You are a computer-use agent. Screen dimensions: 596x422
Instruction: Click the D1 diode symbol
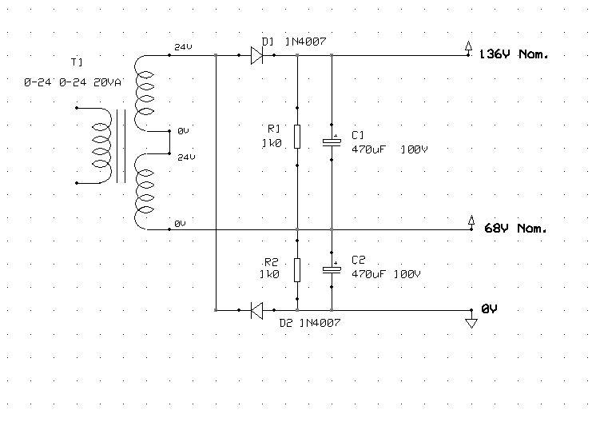click(256, 55)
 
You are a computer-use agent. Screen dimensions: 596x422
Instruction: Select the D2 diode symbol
click(256, 310)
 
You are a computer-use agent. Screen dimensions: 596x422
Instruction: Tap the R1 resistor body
click(297, 137)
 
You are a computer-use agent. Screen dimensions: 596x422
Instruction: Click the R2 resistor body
click(297, 270)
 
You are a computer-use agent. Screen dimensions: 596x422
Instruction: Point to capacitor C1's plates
click(332, 142)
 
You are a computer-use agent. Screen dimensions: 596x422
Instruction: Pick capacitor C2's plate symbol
click(332, 270)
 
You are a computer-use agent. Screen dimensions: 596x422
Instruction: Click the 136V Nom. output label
click(514, 54)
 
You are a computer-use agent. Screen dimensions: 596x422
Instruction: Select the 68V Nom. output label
click(515, 228)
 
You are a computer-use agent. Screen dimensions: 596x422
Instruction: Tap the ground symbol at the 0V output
click(471, 323)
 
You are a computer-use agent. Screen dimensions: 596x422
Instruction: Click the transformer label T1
click(77, 62)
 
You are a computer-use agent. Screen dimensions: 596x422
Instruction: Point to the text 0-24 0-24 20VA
click(73, 82)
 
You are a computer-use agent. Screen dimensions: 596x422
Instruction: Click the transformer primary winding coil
click(101, 145)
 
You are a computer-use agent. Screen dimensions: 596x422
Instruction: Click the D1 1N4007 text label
click(294, 42)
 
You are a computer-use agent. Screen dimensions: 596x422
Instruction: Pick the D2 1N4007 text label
click(310, 323)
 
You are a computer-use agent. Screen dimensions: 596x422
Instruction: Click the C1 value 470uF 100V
click(390, 149)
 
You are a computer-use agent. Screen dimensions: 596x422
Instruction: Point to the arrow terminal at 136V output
click(469, 46)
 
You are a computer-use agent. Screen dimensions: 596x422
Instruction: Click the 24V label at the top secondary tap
click(183, 47)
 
